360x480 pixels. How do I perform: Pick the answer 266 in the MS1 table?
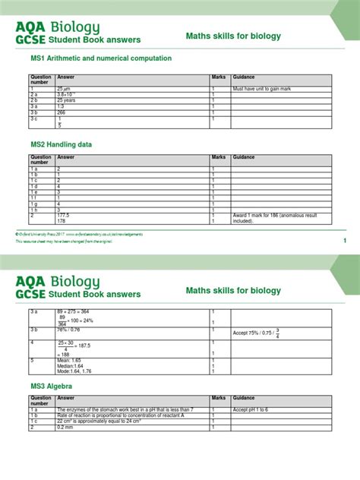(62, 112)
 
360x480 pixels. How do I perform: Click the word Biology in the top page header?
(75, 28)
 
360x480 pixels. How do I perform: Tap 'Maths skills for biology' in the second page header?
(233, 290)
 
